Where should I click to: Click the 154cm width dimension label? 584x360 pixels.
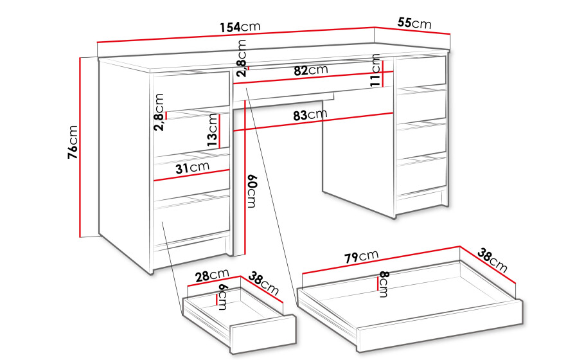[x=240, y=27]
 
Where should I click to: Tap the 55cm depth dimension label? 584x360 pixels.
[x=414, y=23]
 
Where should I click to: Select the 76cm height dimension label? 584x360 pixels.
[x=73, y=142]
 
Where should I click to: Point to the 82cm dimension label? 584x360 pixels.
[x=310, y=70]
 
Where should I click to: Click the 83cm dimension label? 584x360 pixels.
[x=310, y=115]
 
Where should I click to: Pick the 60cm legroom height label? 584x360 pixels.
[x=251, y=190]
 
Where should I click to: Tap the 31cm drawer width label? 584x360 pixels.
[x=192, y=168]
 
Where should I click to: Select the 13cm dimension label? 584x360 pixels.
[x=212, y=129]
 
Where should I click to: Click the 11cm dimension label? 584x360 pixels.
[x=375, y=71]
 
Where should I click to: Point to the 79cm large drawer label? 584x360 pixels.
[x=361, y=256]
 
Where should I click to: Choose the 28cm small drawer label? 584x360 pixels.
[x=212, y=275]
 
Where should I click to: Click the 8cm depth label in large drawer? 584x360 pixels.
[x=384, y=284]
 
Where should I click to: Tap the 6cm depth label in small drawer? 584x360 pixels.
[x=222, y=297]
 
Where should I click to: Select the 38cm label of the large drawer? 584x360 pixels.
[x=492, y=260]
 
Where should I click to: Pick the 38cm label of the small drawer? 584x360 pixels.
[x=263, y=283]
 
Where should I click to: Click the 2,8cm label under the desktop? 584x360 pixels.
[x=242, y=58]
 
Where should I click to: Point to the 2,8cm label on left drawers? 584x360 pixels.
[x=159, y=112]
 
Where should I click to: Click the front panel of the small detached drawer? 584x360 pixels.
[x=263, y=334]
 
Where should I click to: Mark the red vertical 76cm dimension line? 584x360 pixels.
[x=80, y=147]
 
